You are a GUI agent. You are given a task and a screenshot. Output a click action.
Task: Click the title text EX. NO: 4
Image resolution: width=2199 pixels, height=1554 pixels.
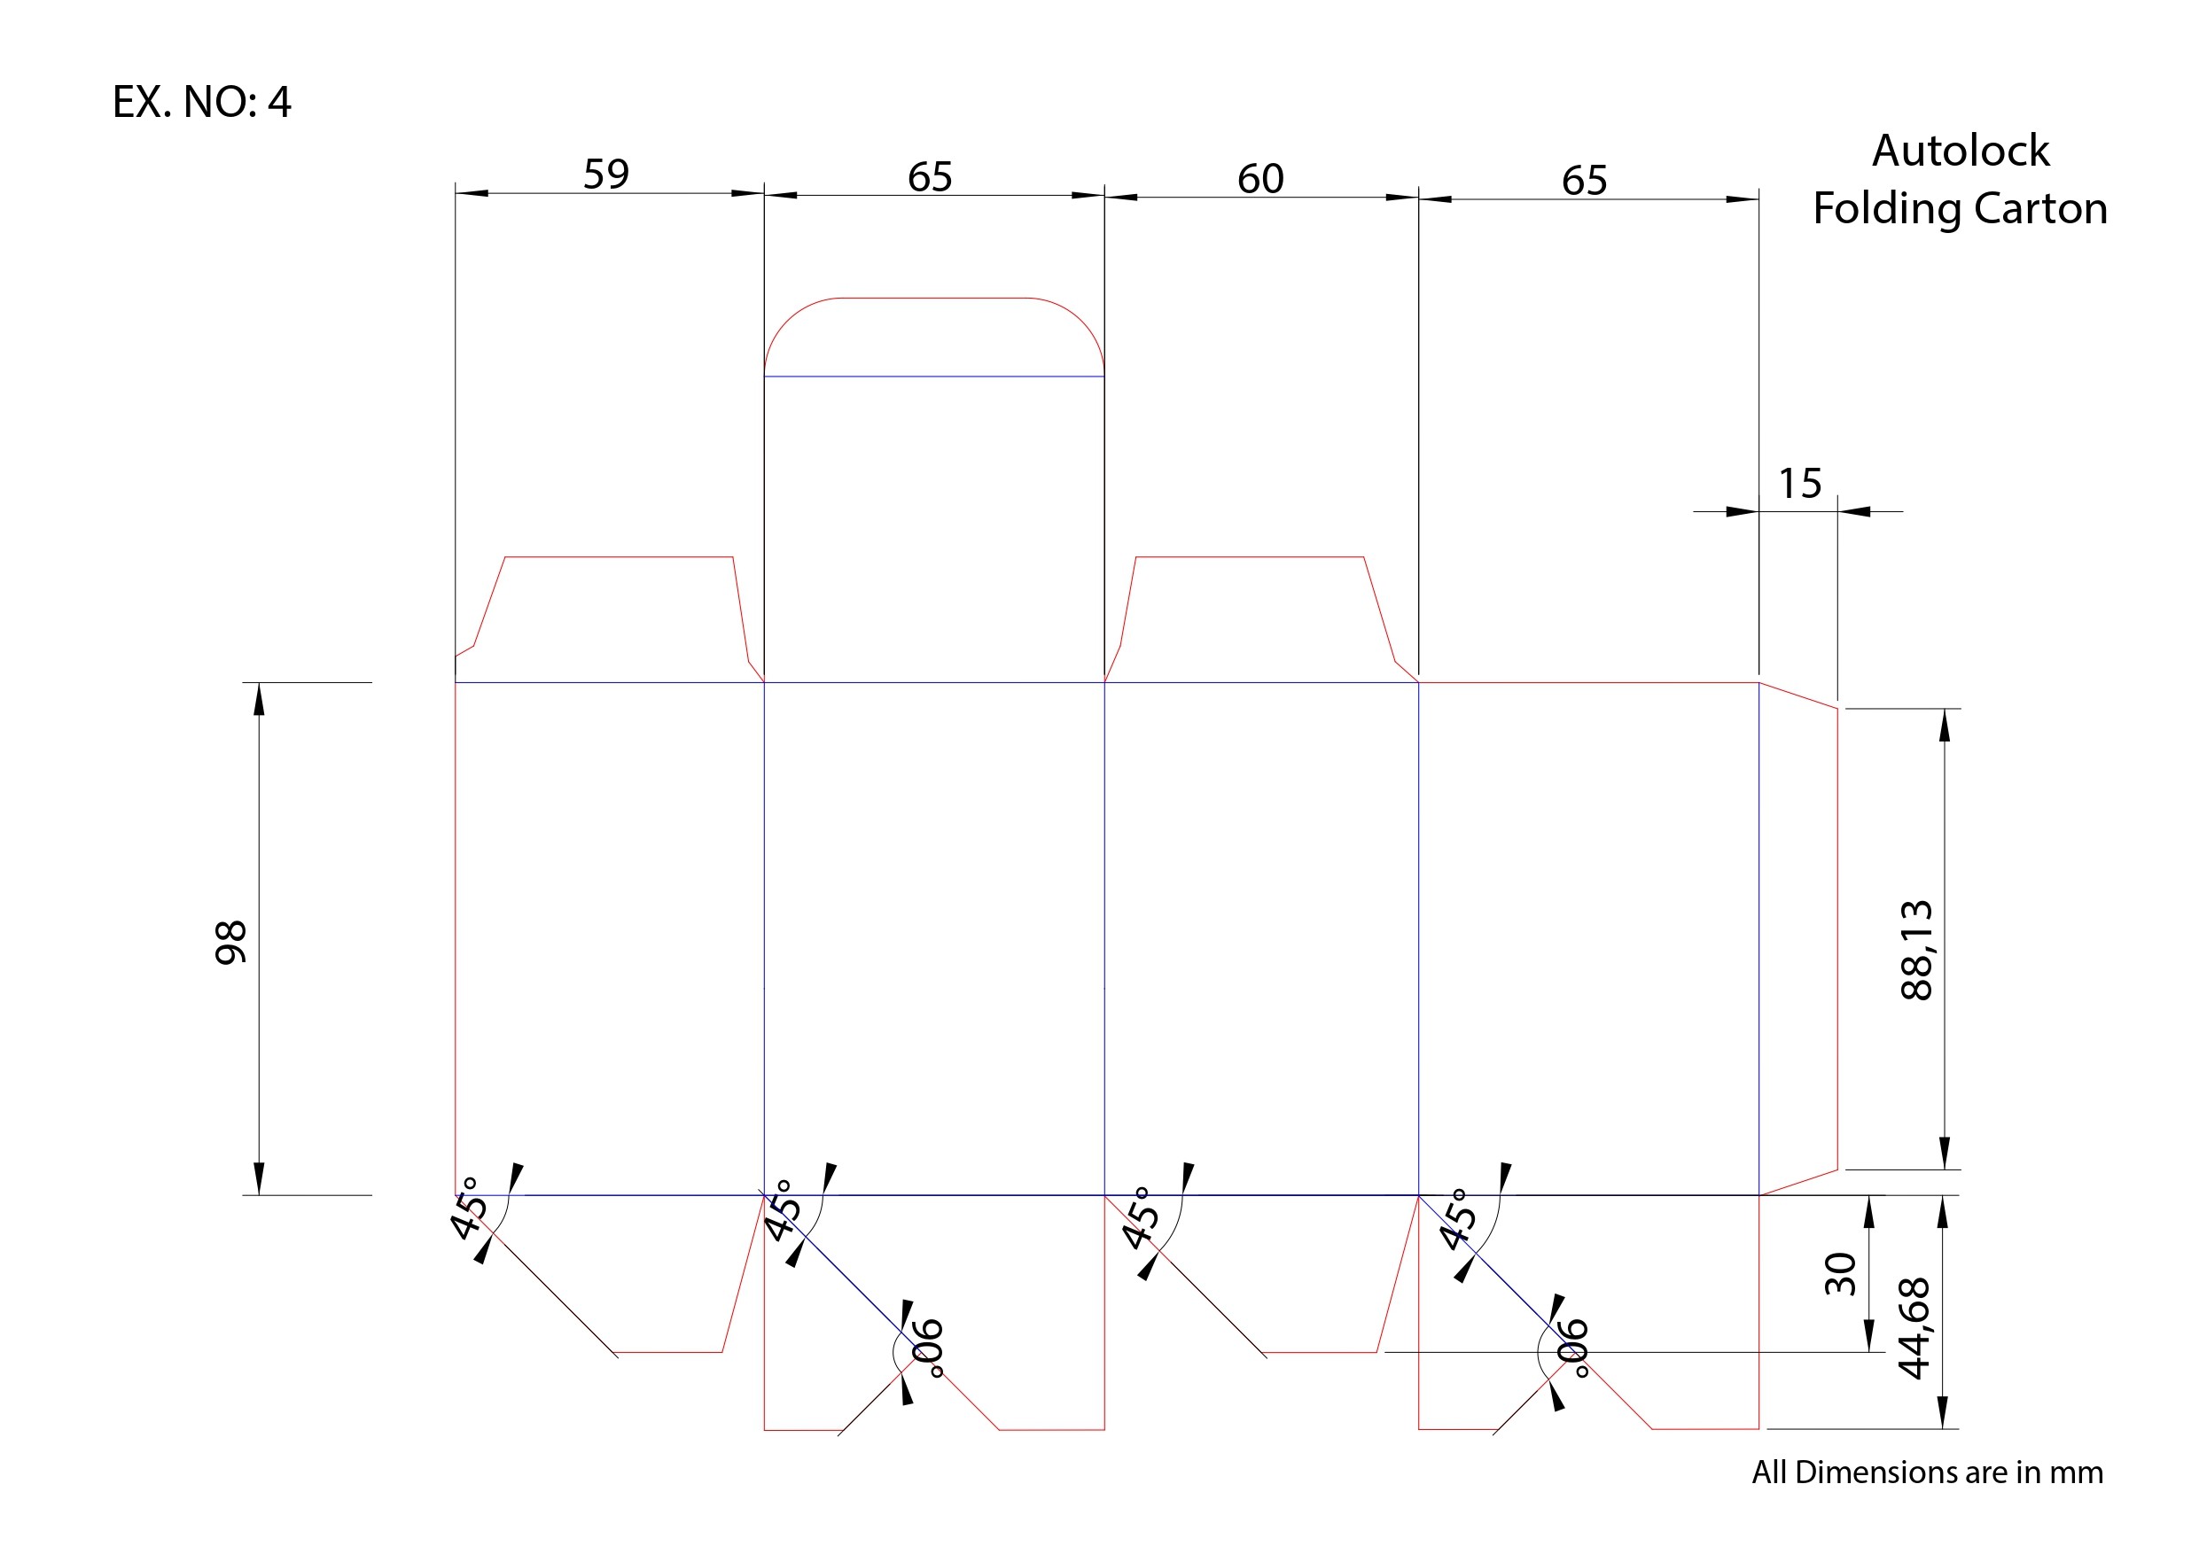click(x=201, y=102)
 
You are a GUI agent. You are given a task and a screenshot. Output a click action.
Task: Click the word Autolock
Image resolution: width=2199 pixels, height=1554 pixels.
click(x=1961, y=151)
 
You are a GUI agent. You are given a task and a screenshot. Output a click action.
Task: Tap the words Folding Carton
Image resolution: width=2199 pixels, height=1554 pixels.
click(x=1960, y=209)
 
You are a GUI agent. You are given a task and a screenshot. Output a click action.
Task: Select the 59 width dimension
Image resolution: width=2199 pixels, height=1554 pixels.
click(x=606, y=175)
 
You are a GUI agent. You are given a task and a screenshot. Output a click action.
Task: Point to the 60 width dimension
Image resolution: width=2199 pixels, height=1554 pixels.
click(x=1260, y=179)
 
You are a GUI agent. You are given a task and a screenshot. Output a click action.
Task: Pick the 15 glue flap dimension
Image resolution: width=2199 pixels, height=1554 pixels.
click(x=1799, y=484)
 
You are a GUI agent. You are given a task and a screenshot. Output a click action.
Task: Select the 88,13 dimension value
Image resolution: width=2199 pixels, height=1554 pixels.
click(x=1916, y=950)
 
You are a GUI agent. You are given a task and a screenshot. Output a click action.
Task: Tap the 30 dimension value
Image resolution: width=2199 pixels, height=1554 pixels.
click(x=1840, y=1273)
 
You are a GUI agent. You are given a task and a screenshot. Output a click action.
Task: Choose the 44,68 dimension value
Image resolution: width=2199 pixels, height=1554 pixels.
click(x=1914, y=1328)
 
